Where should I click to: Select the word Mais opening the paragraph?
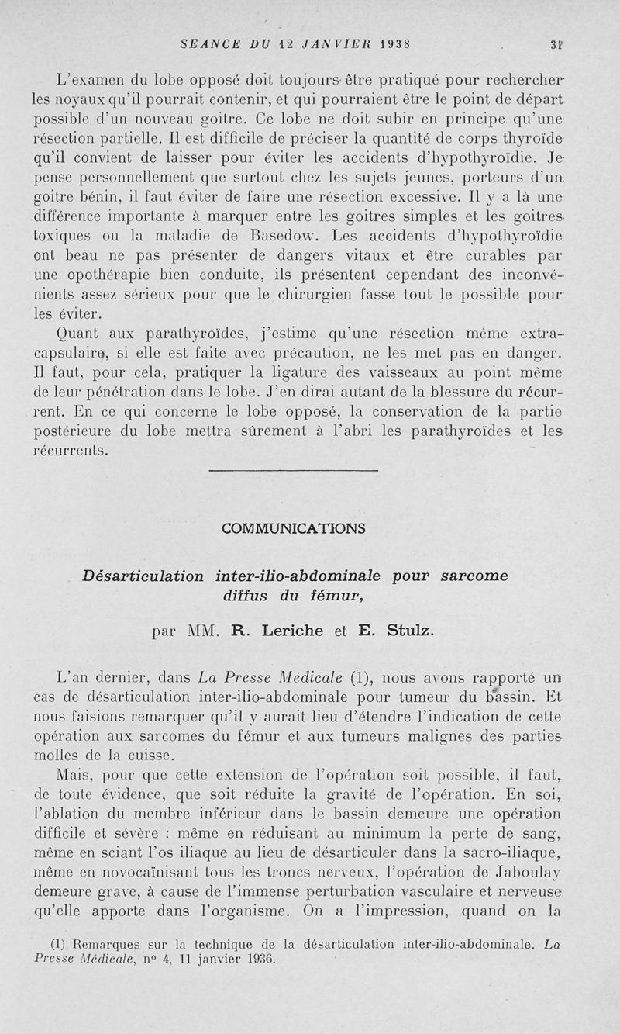click(x=74, y=774)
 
